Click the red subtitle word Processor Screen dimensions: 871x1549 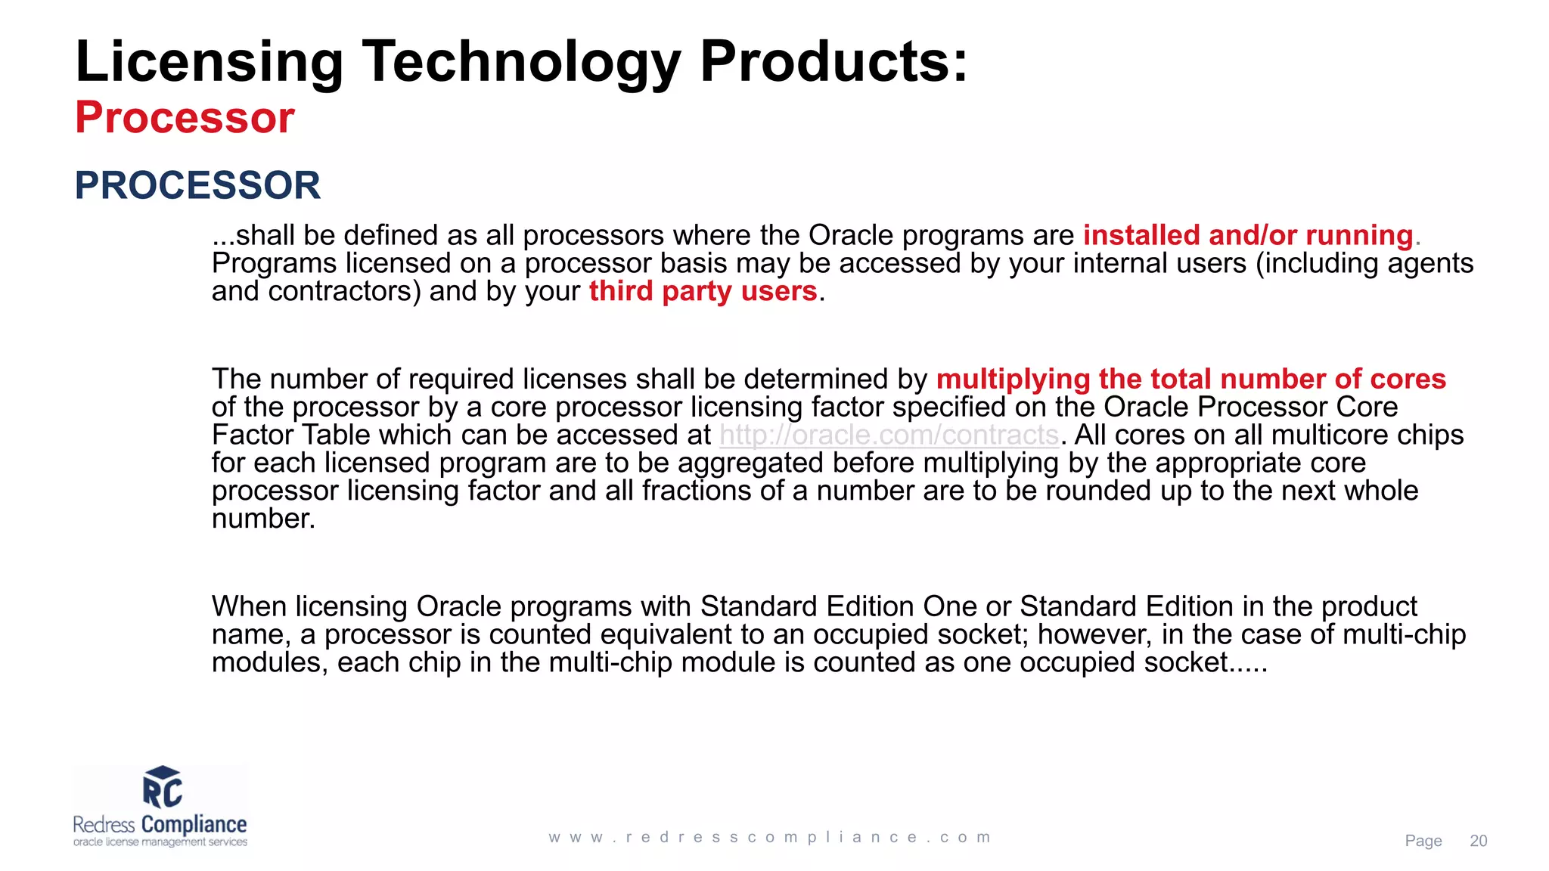[185, 118]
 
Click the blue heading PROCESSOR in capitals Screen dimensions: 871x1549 [197, 185]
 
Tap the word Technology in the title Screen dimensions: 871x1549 [521, 62]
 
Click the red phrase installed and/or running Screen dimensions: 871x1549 [1248, 235]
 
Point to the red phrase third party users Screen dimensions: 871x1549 [703, 291]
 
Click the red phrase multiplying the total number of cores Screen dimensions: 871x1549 [1190, 379]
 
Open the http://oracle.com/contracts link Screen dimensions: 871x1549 [889, 435]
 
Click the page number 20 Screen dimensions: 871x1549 [1478, 841]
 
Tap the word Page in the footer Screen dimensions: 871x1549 [1423, 841]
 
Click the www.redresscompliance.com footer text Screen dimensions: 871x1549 [770, 838]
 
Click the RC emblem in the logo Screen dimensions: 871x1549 [162, 788]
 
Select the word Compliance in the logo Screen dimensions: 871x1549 [194, 824]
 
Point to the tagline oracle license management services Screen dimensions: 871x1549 [160, 842]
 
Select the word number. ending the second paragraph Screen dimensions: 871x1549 [263, 519]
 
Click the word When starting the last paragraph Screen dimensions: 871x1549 [249, 606]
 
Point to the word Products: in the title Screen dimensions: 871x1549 [833, 62]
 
